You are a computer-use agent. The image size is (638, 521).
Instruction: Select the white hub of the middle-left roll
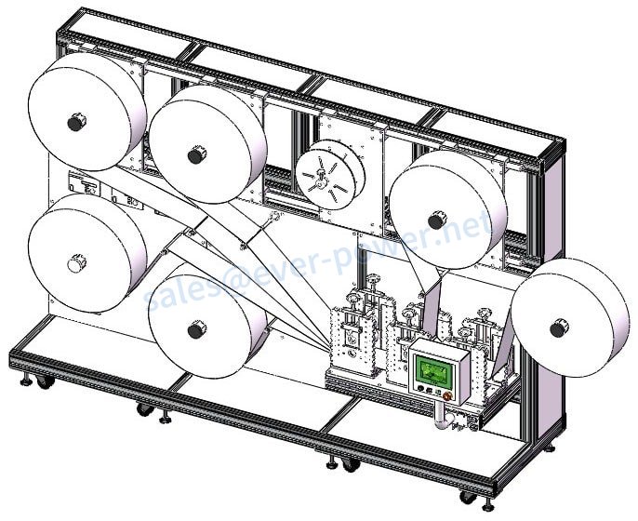click(x=75, y=264)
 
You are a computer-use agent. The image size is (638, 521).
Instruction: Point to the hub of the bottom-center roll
click(x=195, y=329)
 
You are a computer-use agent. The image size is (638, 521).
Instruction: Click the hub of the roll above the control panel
click(x=434, y=220)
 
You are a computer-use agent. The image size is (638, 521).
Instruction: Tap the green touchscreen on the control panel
click(x=433, y=371)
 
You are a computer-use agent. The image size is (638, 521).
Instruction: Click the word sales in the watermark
click(x=181, y=293)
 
